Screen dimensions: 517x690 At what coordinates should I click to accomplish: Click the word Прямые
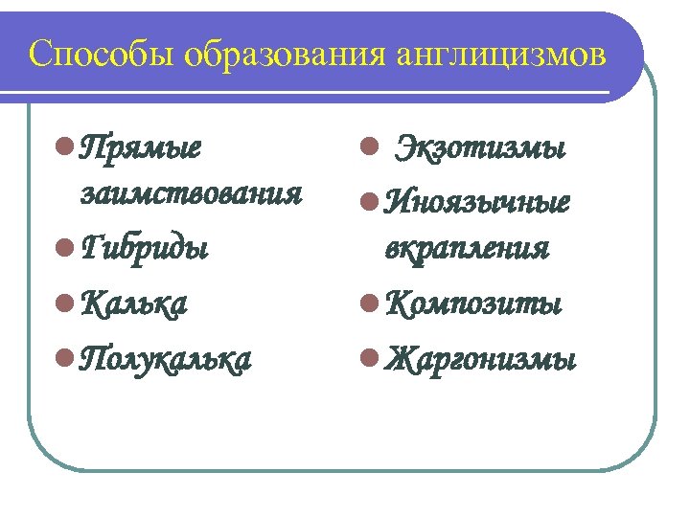tap(141, 149)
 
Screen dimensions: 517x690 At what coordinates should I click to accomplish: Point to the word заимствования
tap(193, 195)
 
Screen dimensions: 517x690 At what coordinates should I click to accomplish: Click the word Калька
tap(134, 303)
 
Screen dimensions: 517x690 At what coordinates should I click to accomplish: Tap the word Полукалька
tap(167, 359)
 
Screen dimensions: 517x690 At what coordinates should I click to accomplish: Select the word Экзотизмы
tap(481, 149)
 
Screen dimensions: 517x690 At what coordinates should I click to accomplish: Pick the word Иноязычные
tap(476, 202)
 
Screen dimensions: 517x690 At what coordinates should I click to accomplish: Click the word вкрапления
tap(467, 248)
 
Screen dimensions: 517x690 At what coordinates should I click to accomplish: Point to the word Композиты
tap(473, 303)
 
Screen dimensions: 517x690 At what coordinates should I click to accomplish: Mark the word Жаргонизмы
tap(480, 359)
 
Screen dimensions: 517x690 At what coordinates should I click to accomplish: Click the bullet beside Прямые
tap(62, 148)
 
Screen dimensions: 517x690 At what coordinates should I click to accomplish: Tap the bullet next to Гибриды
tap(62, 248)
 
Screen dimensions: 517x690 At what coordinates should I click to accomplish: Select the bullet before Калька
tap(62, 303)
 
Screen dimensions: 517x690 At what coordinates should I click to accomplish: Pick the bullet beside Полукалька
tap(62, 359)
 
